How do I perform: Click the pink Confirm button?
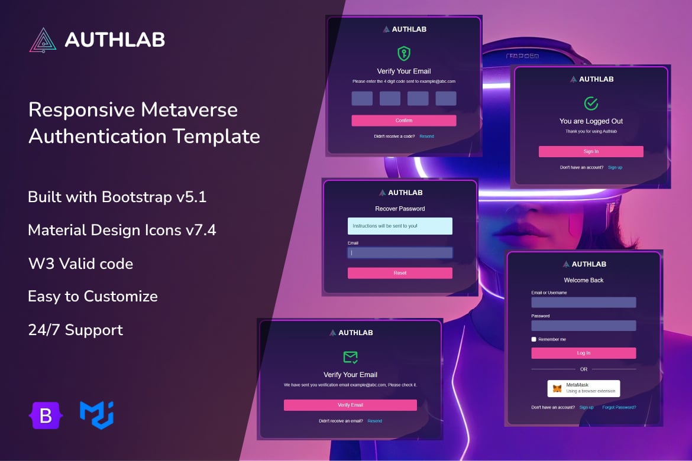(404, 121)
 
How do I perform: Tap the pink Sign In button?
(591, 151)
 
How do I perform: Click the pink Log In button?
(583, 353)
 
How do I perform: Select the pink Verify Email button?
(350, 405)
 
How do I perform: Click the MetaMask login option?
(583, 388)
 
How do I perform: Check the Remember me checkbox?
(533, 339)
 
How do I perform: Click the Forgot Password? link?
(619, 407)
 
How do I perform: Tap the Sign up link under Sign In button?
(615, 167)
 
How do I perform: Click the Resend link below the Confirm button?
(426, 137)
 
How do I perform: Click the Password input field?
(583, 326)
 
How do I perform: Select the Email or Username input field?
(583, 302)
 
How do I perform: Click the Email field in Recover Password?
(400, 253)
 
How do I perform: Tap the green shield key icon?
(404, 53)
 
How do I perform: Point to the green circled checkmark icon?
(591, 103)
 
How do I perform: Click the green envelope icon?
(350, 357)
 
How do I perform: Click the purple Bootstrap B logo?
(46, 415)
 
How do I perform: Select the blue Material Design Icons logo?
(96, 415)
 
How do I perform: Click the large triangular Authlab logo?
(43, 40)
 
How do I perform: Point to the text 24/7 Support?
(76, 330)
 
